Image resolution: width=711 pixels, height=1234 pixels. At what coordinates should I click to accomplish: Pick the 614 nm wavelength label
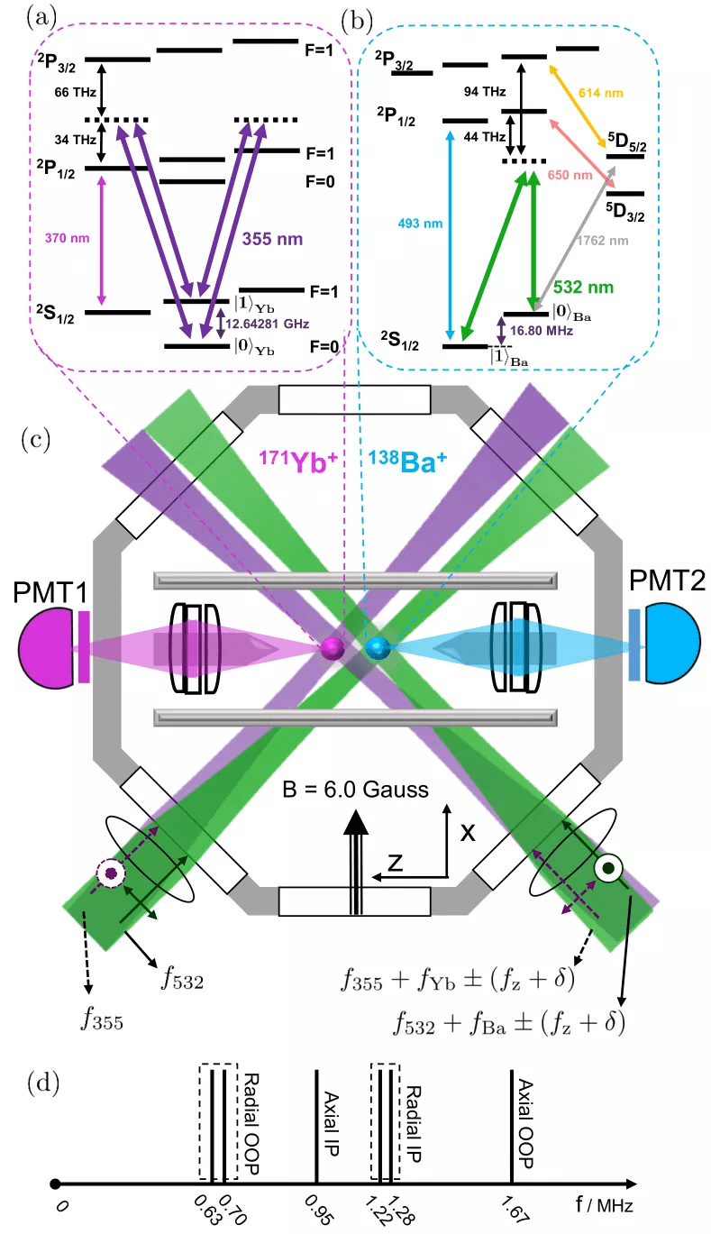point(602,93)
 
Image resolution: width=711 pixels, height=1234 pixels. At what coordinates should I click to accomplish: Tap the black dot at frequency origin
point(56,1184)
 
